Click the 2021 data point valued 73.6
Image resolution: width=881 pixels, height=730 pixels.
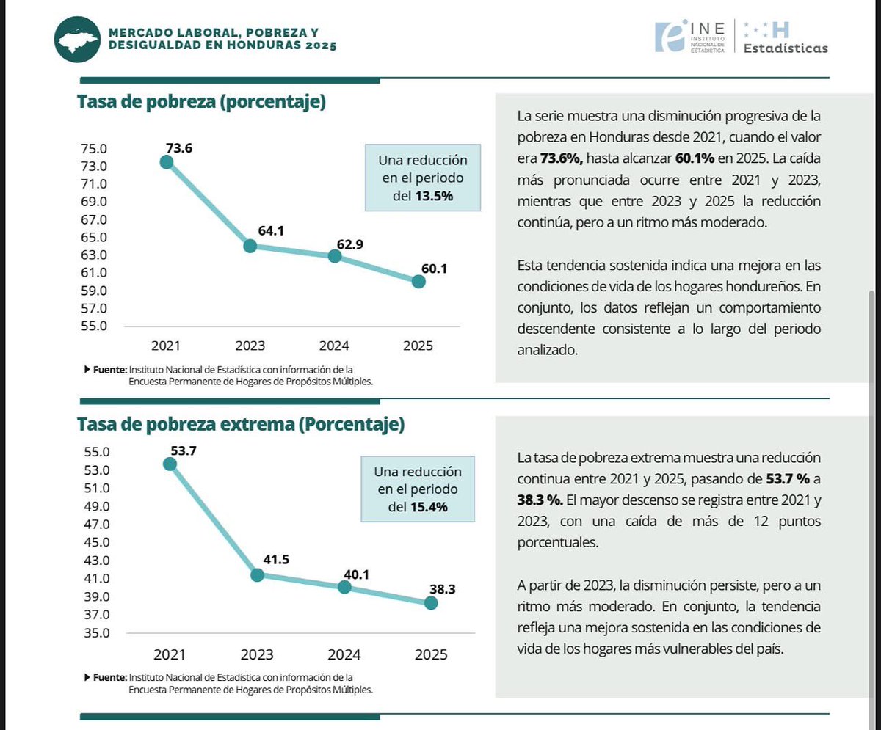167,161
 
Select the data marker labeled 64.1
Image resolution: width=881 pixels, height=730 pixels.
250,246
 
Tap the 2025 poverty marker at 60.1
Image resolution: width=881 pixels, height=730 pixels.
418,281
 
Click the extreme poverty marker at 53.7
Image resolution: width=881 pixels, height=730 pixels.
170,464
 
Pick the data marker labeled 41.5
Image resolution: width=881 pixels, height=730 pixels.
258,574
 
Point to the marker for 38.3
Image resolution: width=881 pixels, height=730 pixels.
431,603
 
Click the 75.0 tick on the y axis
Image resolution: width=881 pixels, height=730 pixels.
94,148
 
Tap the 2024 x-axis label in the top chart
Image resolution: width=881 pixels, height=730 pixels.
334,346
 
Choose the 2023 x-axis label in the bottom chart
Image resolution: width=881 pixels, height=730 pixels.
258,654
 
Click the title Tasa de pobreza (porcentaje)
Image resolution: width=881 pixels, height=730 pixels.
201,102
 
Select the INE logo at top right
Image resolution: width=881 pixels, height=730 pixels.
691,37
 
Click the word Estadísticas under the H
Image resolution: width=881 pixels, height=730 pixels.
785,48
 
